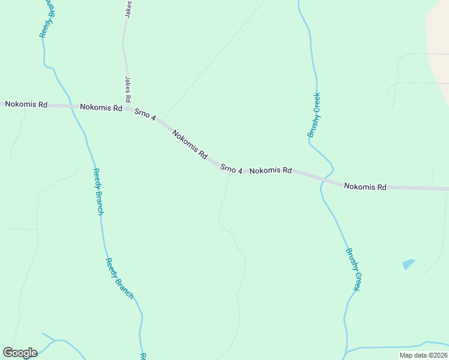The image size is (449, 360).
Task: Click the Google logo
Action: [x=20, y=353]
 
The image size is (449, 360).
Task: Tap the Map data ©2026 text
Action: [x=423, y=355]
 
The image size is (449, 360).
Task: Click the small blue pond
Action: [x=408, y=264]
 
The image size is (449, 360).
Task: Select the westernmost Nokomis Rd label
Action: [x=26, y=104]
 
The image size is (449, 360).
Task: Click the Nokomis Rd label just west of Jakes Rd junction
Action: [x=101, y=108]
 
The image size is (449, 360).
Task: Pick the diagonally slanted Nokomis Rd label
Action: [x=190, y=145]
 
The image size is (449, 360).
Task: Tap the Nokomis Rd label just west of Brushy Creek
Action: [x=270, y=171]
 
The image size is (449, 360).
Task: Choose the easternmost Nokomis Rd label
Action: [x=365, y=187]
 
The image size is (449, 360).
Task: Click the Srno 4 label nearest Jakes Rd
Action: [x=145, y=114]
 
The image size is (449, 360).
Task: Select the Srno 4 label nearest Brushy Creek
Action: [x=231, y=169]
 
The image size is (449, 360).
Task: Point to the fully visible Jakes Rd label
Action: [x=128, y=89]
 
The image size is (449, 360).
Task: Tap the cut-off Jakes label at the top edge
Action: [x=128, y=9]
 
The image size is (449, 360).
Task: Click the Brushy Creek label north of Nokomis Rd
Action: [x=314, y=115]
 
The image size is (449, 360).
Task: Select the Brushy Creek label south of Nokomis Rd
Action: [x=352, y=270]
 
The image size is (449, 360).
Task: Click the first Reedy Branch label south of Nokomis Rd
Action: [x=98, y=192]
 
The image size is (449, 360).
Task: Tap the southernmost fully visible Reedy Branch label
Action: [x=119, y=278]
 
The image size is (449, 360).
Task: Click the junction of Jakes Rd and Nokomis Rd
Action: [x=128, y=109]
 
